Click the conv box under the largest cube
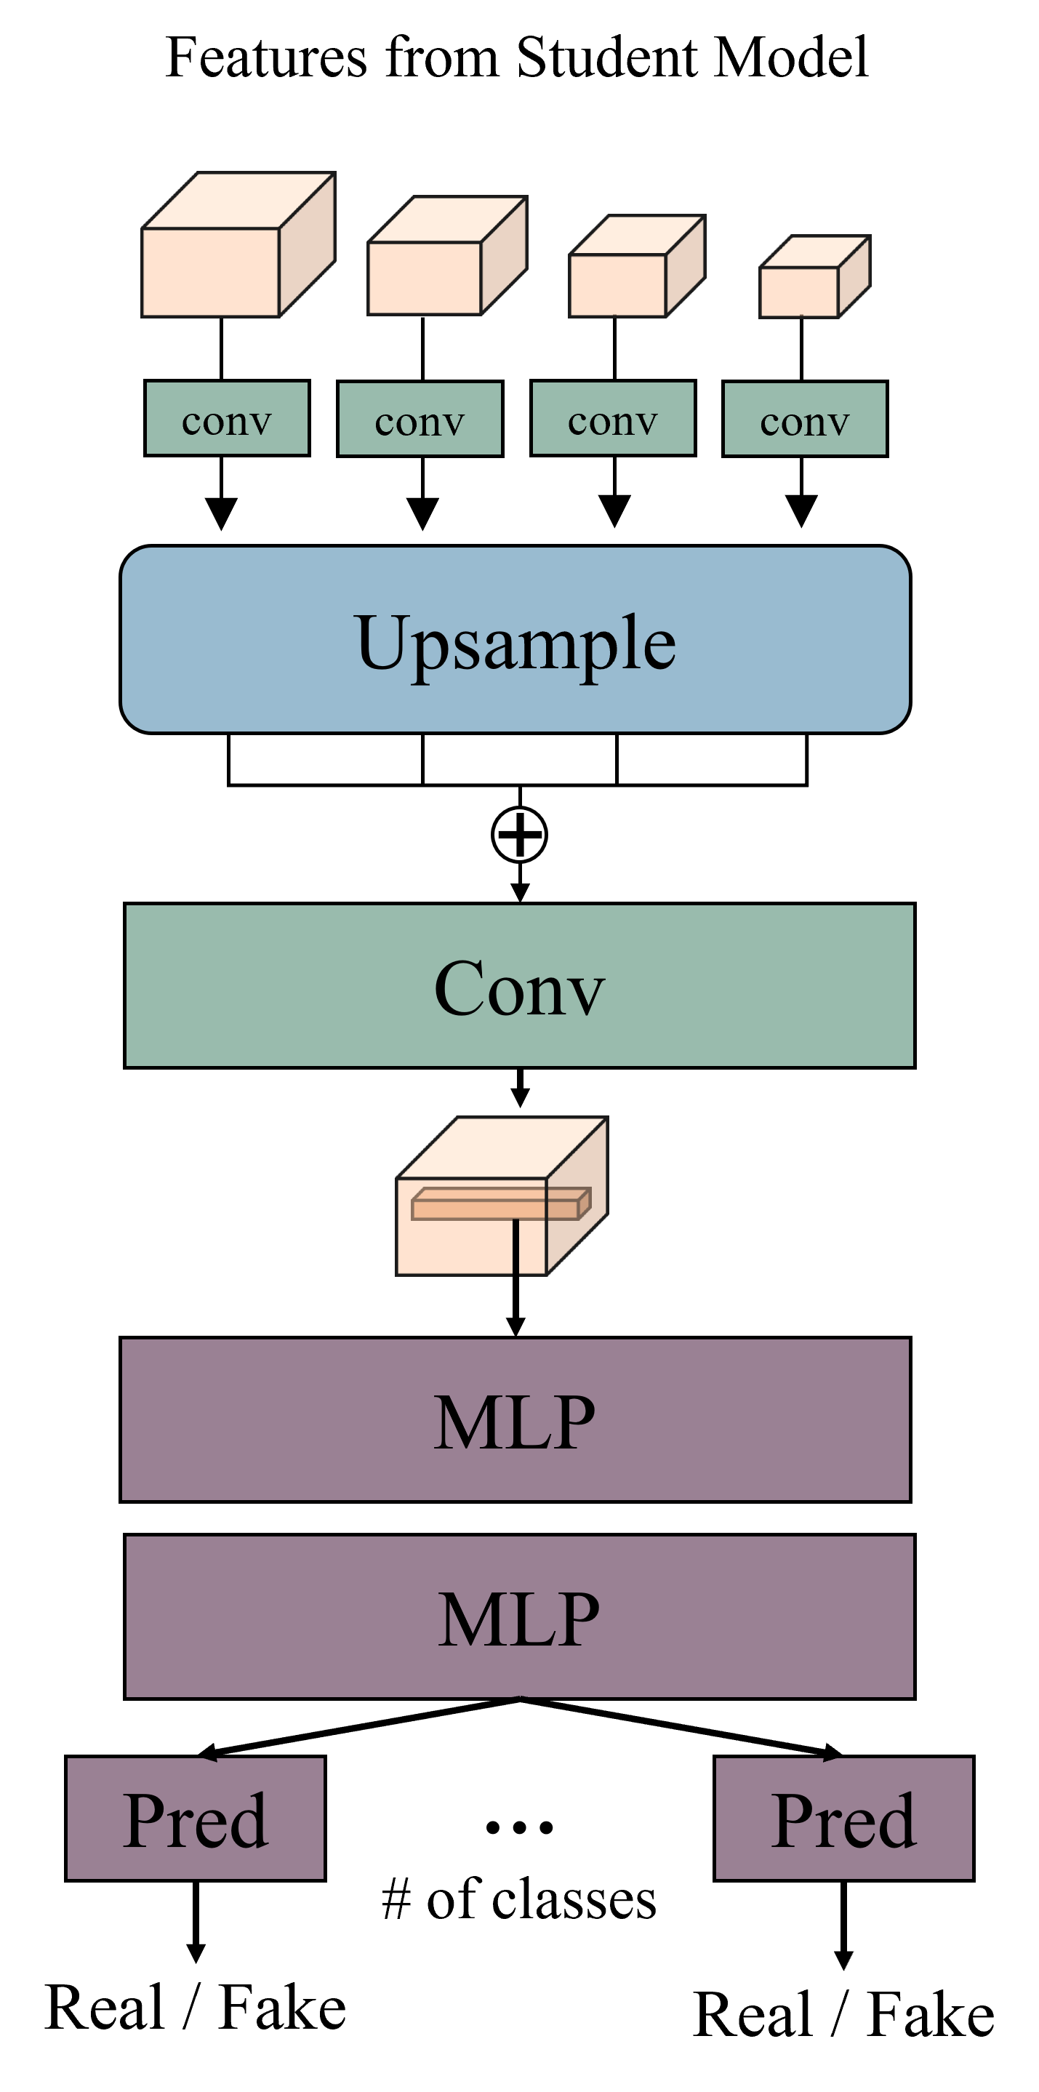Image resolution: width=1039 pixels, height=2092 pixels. tap(227, 418)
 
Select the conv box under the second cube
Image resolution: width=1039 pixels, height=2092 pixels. tap(420, 419)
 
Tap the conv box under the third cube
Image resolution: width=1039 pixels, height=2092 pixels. tap(612, 418)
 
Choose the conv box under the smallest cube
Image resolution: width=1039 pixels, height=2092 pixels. tap(804, 419)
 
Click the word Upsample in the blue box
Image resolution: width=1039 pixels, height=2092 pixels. tap(515, 641)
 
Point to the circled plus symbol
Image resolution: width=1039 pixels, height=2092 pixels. tap(519, 834)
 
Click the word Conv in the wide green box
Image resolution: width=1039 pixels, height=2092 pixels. tap(519, 986)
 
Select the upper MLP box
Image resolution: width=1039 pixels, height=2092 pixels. tap(515, 1419)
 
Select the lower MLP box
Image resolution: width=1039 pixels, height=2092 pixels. tap(519, 1617)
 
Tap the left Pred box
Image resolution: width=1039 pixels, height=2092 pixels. tap(195, 1819)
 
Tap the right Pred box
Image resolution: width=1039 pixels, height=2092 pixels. tap(843, 1819)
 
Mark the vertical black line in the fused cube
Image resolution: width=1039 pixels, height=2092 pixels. tap(516, 1246)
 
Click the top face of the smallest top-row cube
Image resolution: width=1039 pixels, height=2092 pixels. tap(816, 252)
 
